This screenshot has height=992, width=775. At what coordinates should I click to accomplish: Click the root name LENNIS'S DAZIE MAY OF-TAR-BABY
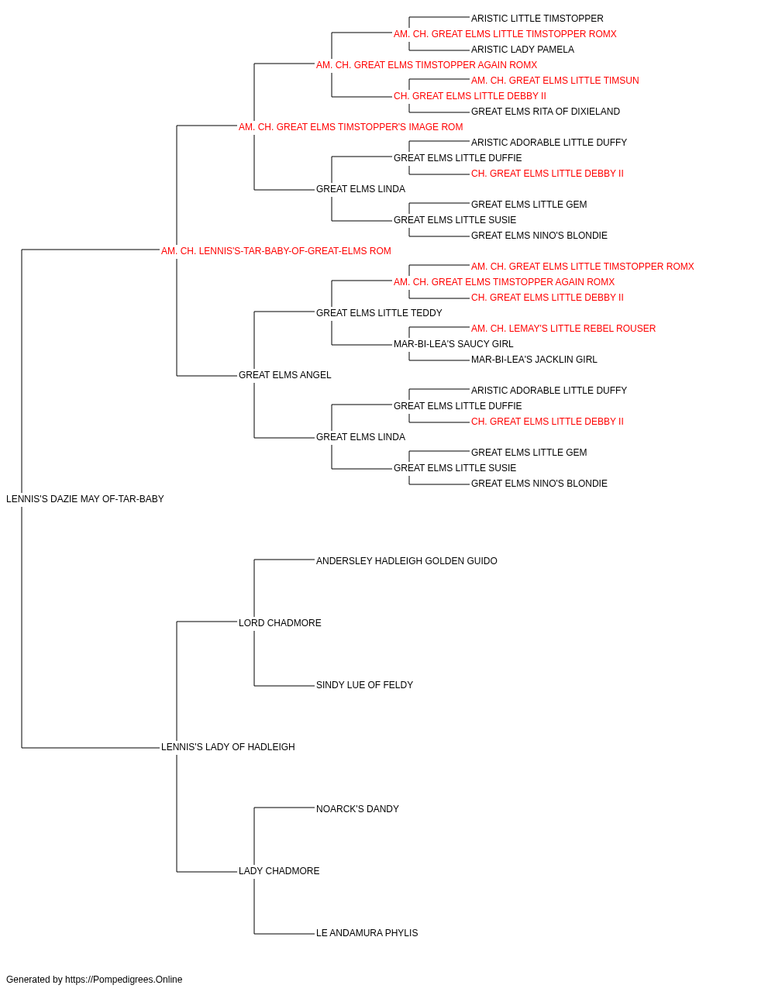click(x=85, y=499)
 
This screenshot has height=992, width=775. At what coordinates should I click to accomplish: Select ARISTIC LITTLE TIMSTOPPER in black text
click(x=537, y=19)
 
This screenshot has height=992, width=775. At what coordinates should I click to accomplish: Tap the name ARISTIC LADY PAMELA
click(x=522, y=50)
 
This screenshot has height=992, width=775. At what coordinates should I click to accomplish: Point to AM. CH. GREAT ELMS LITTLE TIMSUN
click(x=555, y=81)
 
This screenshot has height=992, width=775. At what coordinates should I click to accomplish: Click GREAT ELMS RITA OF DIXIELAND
click(x=546, y=112)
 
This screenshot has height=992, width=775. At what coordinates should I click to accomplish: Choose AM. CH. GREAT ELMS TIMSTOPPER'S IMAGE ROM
click(x=350, y=127)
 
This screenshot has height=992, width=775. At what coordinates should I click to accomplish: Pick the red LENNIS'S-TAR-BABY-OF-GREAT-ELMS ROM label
click(x=276, y=251)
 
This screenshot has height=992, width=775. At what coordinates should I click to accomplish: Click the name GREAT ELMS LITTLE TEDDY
click(x=379, y=312)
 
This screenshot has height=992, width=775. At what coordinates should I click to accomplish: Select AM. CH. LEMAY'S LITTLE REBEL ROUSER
click(x=563, y=329)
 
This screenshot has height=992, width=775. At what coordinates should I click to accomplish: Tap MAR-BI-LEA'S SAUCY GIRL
click(x=453, y=344)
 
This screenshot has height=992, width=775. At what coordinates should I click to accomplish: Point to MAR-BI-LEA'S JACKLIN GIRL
click(x=534, y=360)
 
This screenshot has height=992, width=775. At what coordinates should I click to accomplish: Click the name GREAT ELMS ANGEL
click(x=284, y=375)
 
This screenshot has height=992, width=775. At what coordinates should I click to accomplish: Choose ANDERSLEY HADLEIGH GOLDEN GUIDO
click(x=407, y=560)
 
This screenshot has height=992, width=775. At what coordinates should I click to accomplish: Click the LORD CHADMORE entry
click(x=280, y=622)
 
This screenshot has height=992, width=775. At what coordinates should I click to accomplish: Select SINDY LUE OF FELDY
click(x=364, y=685)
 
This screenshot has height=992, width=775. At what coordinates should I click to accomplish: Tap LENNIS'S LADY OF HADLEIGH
click(x=228, y=747)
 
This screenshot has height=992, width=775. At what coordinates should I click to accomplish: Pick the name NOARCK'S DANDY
click(x=357, y=809)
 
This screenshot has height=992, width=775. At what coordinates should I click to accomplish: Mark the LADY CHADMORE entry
click(x=279, y=871)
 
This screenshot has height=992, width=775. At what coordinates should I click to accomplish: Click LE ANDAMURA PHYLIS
click(x=367, y=933)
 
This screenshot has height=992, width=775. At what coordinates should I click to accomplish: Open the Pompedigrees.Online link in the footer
click(x=124, y=980)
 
